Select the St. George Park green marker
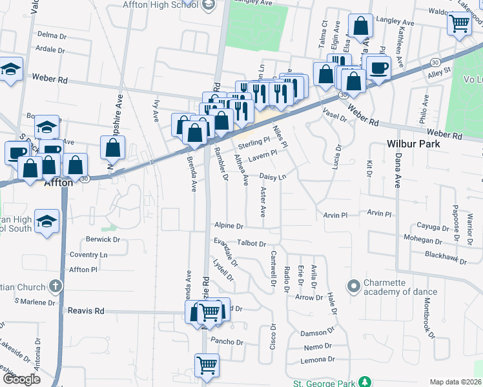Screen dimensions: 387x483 (x=365, y=382)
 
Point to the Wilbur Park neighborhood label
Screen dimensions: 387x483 (x=413, y=143)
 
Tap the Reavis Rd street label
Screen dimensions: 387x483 (x=86, y=311)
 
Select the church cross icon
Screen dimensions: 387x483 (x=56, y=286)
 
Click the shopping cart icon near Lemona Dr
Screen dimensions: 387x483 (x=207, y=365)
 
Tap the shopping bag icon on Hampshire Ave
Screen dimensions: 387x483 (x=113, y=148)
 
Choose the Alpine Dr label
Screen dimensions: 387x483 (x=229, y=226)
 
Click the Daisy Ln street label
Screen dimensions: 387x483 (x=272, y=176)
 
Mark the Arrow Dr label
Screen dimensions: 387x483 (x=308, y=297)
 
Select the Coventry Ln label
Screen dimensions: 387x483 (x=89, y=255)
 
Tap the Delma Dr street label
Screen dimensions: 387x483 (x=52, y=34)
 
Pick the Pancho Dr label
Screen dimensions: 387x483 (x=225, y=341)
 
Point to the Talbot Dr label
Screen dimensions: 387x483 (x=251, y=244)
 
